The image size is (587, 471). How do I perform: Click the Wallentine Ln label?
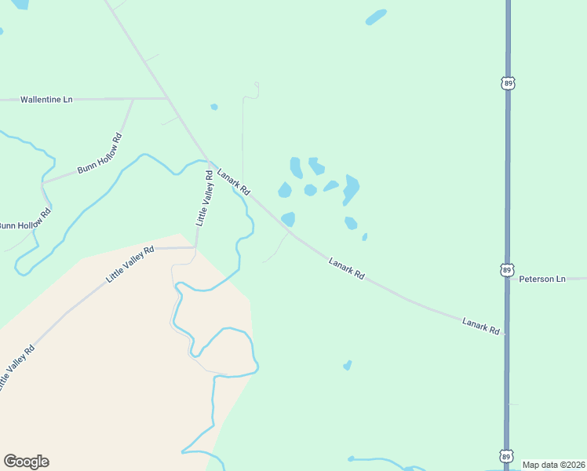pos(46,100)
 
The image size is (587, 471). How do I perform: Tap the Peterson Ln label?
pos(542,279)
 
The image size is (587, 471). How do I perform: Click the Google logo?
pos(26,462)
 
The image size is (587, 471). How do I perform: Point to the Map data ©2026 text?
pos(552,465)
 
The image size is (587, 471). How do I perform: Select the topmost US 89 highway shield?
pos(508,82)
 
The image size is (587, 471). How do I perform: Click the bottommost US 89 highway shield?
pos(507,456)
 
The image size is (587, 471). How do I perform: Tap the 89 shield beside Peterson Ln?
pos(507,270)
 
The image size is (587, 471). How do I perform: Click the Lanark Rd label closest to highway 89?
pos(480,326)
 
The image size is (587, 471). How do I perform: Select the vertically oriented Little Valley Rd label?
pos(205,199)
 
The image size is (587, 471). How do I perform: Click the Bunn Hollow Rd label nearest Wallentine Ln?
pos(100,154)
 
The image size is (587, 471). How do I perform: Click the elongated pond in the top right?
pos(376,16)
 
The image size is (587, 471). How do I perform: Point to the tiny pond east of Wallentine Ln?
pos(214,107)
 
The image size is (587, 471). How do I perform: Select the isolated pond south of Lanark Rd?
pos(347,365)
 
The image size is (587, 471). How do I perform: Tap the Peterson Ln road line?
pos(577,279)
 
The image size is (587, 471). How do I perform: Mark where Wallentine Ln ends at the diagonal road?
pos(166,98)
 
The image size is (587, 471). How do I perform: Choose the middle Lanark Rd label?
pos(347,269)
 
